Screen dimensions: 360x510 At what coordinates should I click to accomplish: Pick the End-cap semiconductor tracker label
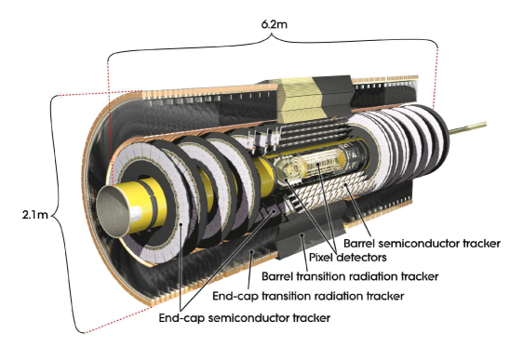coord(244,317)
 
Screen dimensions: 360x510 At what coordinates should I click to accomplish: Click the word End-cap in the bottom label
coord(180,317)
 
